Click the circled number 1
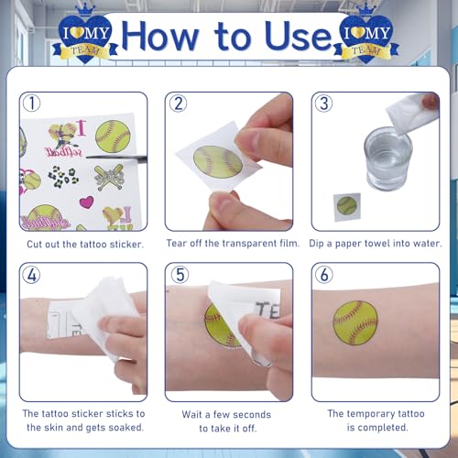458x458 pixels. (31, 104)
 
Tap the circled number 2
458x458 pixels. (179, 104)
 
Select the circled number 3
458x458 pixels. (324, 104)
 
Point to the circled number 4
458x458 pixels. (31, 275)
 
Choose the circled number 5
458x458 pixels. (180, 275)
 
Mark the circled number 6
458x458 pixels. (324, 275)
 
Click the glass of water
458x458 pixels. (387, 158)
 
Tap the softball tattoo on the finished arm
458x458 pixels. (355, 322)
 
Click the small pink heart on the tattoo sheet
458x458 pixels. (86, 202)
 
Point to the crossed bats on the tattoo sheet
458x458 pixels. (109, 177)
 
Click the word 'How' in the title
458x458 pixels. (160, 36)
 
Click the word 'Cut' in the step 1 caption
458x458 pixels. (35, 245)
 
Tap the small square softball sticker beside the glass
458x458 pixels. (347, 207)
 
